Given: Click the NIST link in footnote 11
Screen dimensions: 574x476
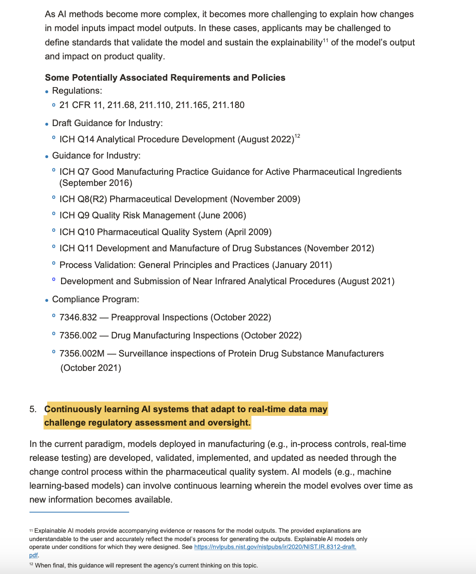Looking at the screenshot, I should point(275,547).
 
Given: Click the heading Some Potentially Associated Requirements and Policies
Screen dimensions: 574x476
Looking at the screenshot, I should point(165,77).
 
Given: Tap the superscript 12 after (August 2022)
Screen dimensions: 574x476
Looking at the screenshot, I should point(297,136).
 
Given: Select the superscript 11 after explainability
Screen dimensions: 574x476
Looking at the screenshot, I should point(326,40).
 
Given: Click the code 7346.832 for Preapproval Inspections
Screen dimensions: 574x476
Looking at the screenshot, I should point(78,318).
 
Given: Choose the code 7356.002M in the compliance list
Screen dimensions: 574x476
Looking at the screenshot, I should point(82,354).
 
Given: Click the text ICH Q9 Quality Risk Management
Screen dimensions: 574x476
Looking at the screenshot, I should point(127,216).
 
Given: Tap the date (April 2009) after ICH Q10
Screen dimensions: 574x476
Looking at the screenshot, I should point(248,232).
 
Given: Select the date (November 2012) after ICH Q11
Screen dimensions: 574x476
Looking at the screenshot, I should point(339,249).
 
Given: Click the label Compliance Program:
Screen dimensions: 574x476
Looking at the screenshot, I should point(95,300).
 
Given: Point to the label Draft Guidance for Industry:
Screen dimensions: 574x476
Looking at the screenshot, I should point(107,123).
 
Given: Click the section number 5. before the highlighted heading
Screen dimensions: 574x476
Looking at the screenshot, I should point(32,409).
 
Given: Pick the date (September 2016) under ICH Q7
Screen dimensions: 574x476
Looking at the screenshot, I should point(96,183).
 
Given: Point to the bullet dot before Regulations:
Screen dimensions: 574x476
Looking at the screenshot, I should point(47,92).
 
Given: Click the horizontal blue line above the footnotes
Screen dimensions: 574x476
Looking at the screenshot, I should point(79,512).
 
